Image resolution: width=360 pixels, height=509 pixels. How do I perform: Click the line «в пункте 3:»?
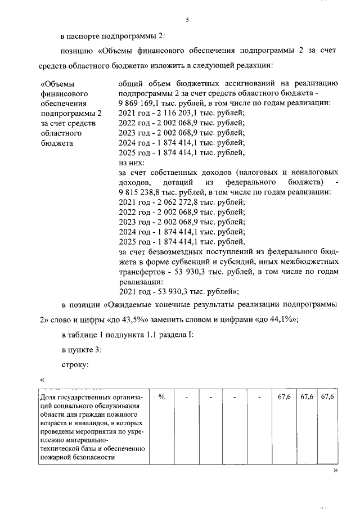[82, 349]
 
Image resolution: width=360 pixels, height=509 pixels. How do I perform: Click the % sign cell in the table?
[161, 397]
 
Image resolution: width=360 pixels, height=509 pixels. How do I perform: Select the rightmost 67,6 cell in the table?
[327, 397]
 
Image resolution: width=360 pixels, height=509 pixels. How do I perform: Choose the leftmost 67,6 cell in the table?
[285, 397]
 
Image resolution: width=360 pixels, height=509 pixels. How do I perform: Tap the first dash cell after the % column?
[186, 397]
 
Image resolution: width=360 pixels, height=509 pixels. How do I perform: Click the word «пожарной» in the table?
[57, 457]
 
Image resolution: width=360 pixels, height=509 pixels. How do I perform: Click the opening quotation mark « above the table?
[42, 380]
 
